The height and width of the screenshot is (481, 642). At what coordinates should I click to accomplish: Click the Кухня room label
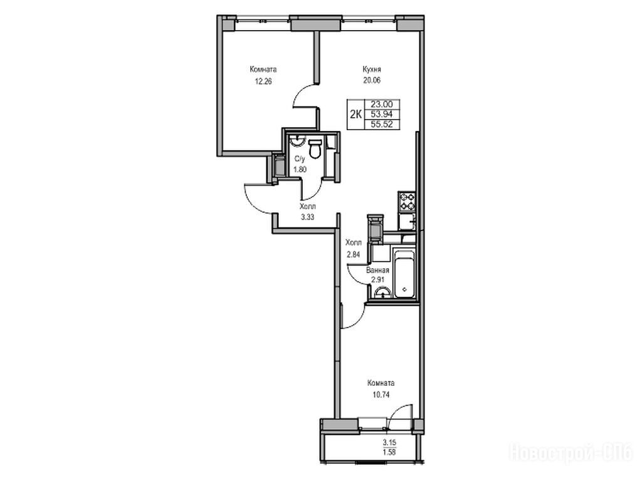tap(372, 69)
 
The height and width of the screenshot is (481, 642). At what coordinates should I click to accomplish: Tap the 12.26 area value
tap(263, 81)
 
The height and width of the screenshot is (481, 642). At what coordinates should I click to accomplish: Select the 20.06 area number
tap(372, 80)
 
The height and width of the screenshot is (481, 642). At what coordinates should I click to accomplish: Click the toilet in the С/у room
tap(315, 149)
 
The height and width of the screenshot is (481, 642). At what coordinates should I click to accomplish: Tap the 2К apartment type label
tap(355, 114)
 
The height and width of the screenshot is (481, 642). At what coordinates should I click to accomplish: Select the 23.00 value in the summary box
tap(382, 105)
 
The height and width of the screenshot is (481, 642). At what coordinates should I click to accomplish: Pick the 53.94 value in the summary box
tap(382, 114)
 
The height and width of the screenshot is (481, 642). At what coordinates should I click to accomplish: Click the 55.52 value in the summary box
tap(382, 124)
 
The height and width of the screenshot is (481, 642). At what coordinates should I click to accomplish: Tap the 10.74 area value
tap(381, 395)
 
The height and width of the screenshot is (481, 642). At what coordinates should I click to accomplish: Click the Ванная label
tap(377, 271)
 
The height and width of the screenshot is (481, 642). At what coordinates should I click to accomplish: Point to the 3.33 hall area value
tap(307, 217)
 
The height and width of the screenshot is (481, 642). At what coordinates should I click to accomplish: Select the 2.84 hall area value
tap(354, 254)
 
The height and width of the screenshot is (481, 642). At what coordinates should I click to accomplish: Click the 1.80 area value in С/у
tap(300, 168)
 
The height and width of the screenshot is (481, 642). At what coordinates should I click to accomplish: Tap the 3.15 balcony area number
tap(389, 442)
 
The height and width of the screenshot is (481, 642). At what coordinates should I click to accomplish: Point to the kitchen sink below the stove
tap(408, 222)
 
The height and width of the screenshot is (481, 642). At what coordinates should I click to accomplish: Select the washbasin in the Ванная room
tap(382, 292)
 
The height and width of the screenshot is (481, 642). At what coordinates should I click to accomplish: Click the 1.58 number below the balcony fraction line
tap(389, 452)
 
